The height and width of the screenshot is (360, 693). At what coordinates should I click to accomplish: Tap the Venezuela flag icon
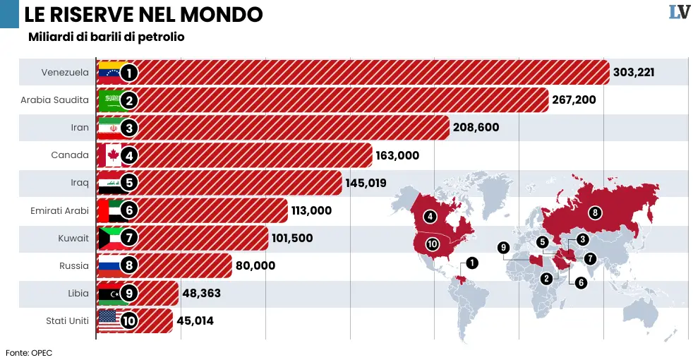tap(108, 72)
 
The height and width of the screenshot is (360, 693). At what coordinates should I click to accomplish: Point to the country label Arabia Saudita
tap(54, 100)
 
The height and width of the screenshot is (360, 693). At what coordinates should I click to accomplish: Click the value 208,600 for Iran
tap(476, 128)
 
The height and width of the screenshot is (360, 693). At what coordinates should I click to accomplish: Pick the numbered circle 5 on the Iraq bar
tap(128, 183)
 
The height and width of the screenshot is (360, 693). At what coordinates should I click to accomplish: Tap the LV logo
tap(679, 12)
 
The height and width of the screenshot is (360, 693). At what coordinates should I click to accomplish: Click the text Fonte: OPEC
tap(29, 352)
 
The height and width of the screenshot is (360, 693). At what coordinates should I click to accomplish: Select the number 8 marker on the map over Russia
tap(595, 212)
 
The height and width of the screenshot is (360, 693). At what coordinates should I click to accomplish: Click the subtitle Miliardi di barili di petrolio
tap(107, 37)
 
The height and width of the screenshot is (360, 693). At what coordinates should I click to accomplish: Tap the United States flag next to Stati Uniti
tap(108, 320)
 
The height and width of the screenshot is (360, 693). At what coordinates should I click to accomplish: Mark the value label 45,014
tap(195, 321)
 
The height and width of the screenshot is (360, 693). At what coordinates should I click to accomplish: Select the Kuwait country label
tap(73, 238)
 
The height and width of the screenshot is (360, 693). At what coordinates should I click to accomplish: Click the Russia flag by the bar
tap(108, 265)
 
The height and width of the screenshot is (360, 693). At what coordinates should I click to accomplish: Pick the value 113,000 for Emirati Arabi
tap(311, 210)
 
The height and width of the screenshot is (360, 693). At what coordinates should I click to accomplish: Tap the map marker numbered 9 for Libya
tap(503, 247)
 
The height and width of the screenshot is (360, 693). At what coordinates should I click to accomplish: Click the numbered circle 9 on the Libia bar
tap(128, 293)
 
